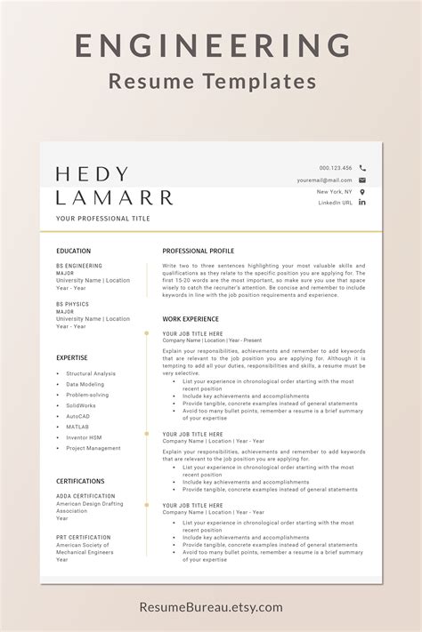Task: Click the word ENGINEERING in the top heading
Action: (211, 45)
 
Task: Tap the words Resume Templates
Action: (211, 82)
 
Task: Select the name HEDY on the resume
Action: (92, 174)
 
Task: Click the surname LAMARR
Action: (114, 196)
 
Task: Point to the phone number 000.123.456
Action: (336, 167)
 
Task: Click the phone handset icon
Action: (362, 167)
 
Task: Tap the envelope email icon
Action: (362, 180)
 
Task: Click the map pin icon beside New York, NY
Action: (362, 191)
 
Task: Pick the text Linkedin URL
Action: (336, 203)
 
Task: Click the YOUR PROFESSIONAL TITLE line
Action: (102, 218)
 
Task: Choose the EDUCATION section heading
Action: (73, 251)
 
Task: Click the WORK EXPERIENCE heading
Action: (190, 317)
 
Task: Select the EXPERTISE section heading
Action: (71, 357)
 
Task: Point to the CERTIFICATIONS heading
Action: (80, 481)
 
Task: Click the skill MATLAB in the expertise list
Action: (77, 427)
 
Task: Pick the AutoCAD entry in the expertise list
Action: (78, 416)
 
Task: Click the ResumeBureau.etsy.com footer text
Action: (211, 607)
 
